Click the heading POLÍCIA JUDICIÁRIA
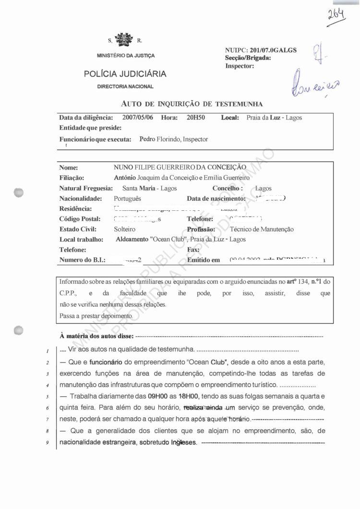click(x=125, y=74)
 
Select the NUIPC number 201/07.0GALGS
click(x=273, y=50)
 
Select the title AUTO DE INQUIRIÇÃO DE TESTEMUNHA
click(x=192, y=104)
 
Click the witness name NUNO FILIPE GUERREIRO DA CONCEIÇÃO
click(x=180, y=167)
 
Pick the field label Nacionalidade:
click(x=81, y=199)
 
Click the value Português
click(x=128, y=199)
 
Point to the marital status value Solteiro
click(x=125, y=230)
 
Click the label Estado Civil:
click(x=78, y=230)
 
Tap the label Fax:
click(x=193, y=250)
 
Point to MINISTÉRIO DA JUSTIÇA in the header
click(x=126, y=56)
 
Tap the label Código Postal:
click(x=80, y=219)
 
